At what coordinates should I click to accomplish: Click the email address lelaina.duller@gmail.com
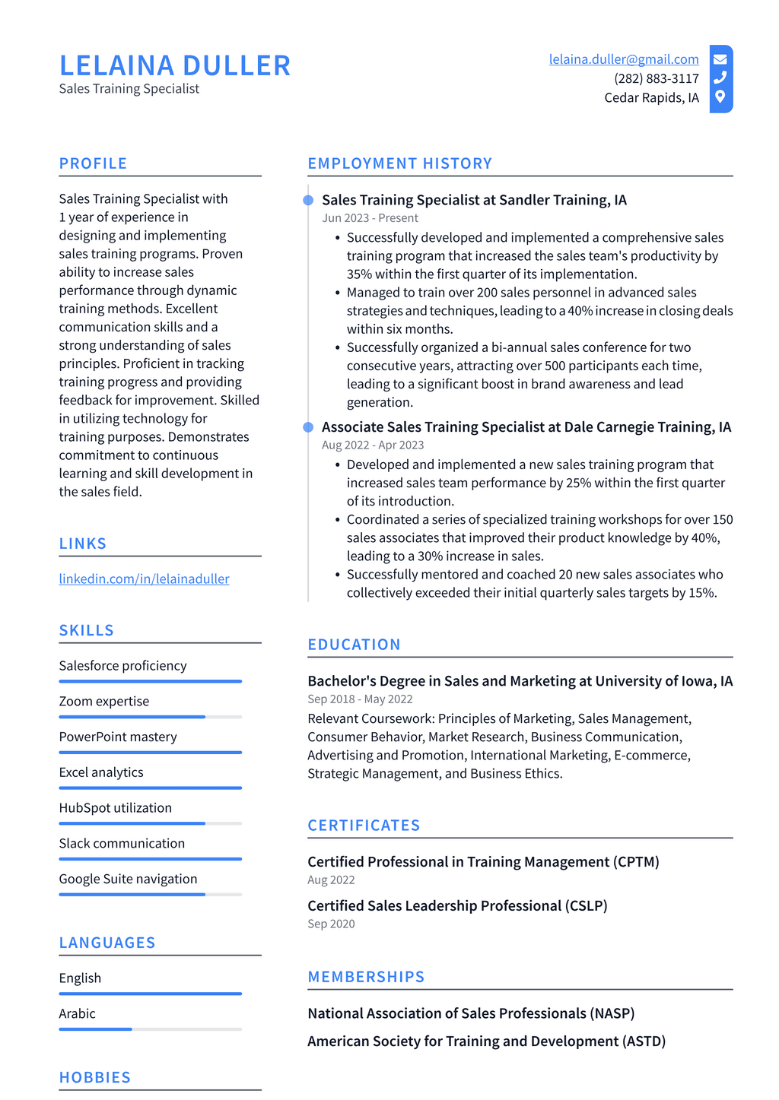click(x=624, y=59)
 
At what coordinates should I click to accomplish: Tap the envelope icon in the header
click(x=720, y=59)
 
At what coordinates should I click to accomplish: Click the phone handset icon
click(x=720, y=78)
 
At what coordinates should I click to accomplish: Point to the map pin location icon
click(x=720, y=97)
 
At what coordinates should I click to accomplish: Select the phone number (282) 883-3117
click(x=657, y=78)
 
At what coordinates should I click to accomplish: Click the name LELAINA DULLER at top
click(x=175, y=66)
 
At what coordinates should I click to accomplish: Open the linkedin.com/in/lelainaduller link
click(x=144, y=579)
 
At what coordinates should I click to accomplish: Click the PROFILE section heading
click(x=93, y=163)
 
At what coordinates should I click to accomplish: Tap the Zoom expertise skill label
click(x=104, y=701)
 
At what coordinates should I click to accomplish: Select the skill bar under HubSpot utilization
click(x=150, y=823)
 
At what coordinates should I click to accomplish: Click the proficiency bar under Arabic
click(x=150, y=1029)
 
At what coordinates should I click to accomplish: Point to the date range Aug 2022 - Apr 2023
click(x=373, y=445)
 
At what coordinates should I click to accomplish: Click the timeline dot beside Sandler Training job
click(x=308, y=201)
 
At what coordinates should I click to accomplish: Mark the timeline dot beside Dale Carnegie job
click(x=308, y=427)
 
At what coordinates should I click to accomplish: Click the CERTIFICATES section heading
click(x=364, y=826)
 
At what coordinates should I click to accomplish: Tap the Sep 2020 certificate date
click(x=331, y=924)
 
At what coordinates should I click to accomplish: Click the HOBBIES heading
click(x=95, y=1077)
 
